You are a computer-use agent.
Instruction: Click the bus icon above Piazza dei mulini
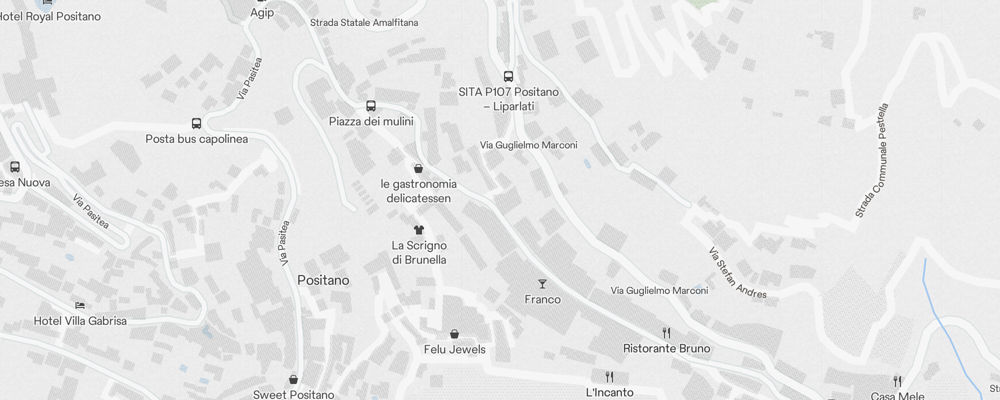(370, 106)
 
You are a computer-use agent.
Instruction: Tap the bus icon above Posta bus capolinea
(196, 123)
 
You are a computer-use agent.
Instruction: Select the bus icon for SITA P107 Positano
(508, 76)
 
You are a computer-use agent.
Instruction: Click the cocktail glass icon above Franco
(542, 284)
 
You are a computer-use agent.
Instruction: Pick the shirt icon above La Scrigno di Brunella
(419, 230)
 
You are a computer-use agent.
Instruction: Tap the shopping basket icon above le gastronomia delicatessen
(418, 168)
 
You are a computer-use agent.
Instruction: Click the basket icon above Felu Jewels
(454, 334)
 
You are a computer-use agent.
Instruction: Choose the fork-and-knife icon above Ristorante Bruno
(666, 333)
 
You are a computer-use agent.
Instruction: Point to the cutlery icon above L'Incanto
(609, 376)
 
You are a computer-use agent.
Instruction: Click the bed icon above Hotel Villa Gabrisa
(80, 305)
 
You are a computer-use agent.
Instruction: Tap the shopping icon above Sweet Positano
(293, 380)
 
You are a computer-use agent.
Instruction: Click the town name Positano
(323, 280)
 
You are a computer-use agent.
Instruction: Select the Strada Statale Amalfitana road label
(364, 22)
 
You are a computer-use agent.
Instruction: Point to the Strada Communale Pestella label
(872, 160)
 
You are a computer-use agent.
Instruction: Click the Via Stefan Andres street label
(737, 273)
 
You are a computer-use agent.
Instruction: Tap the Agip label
(262, 12)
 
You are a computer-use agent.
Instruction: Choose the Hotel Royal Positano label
(50, 16)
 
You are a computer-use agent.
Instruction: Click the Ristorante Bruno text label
(666, 348)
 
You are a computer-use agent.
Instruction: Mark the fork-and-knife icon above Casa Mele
(897, 381)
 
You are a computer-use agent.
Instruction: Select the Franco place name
(542, 299)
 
